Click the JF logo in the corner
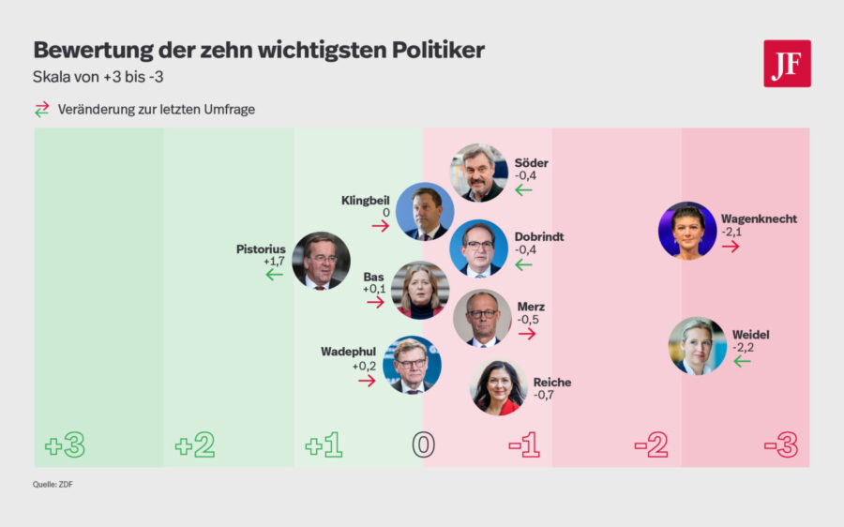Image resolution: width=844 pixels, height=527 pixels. [787, 64]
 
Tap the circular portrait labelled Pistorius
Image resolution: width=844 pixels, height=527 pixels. [321, 261]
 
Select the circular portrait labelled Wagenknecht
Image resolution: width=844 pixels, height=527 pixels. [687, 231]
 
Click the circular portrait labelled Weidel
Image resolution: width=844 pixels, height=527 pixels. [697, 346]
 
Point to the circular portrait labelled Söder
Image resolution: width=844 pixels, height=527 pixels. [479, 173]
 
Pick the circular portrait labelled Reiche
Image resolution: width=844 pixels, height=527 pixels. [498, 386]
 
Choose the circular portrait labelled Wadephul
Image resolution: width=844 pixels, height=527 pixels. [412, 365]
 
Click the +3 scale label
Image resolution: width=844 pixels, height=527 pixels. [65, 445]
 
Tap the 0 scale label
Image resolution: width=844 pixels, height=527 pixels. [423, 445]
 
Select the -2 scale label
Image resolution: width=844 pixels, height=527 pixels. [651, 445]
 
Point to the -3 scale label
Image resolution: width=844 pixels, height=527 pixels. [780, 445]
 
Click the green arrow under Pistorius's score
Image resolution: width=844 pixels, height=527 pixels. [274, 275]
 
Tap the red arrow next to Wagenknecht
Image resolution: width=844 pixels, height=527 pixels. [731, 246]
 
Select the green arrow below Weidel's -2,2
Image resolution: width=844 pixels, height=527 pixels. [742, 361]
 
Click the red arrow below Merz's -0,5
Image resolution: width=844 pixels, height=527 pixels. [527, 333]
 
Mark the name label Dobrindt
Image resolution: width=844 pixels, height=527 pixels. [539, 236]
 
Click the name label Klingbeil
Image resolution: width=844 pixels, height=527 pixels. [365, 201]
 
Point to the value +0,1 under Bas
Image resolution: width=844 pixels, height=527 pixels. [375, 290]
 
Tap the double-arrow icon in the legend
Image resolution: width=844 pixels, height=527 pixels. [41, 109]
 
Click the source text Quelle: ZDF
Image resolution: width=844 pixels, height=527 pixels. [53, 485]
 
